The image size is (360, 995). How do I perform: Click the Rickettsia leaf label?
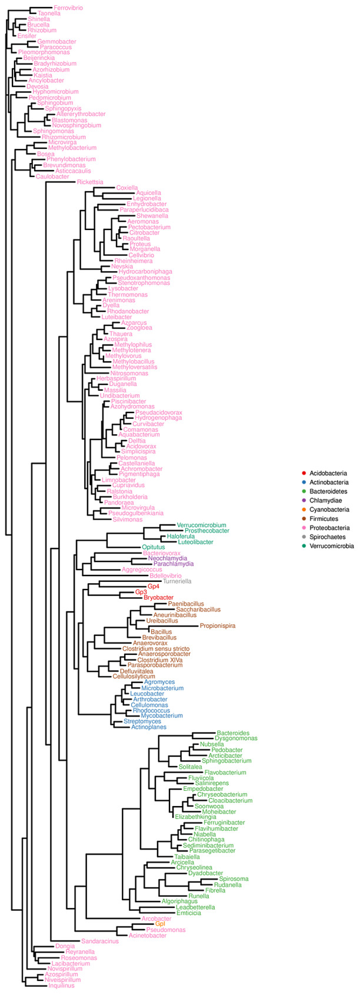(x=90, y=182)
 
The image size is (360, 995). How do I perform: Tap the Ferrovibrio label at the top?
(x=68, y=8)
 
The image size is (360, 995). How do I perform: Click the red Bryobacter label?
(x=158, y=597)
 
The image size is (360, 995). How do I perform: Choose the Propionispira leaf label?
(x=218, y=625)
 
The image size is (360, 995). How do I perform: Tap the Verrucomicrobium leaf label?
(x=201, y=525)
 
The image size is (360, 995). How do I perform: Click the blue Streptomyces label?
(x=142, y=721)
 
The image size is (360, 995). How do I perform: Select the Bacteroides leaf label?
(x=233, y=733)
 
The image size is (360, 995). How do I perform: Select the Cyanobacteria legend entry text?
(x=329, y=510)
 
